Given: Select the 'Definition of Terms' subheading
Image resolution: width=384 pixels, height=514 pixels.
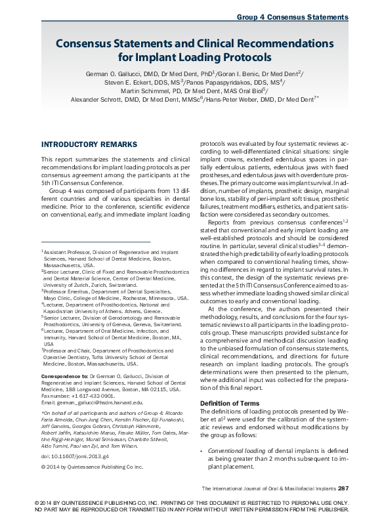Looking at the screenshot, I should [x=231, y=402].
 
